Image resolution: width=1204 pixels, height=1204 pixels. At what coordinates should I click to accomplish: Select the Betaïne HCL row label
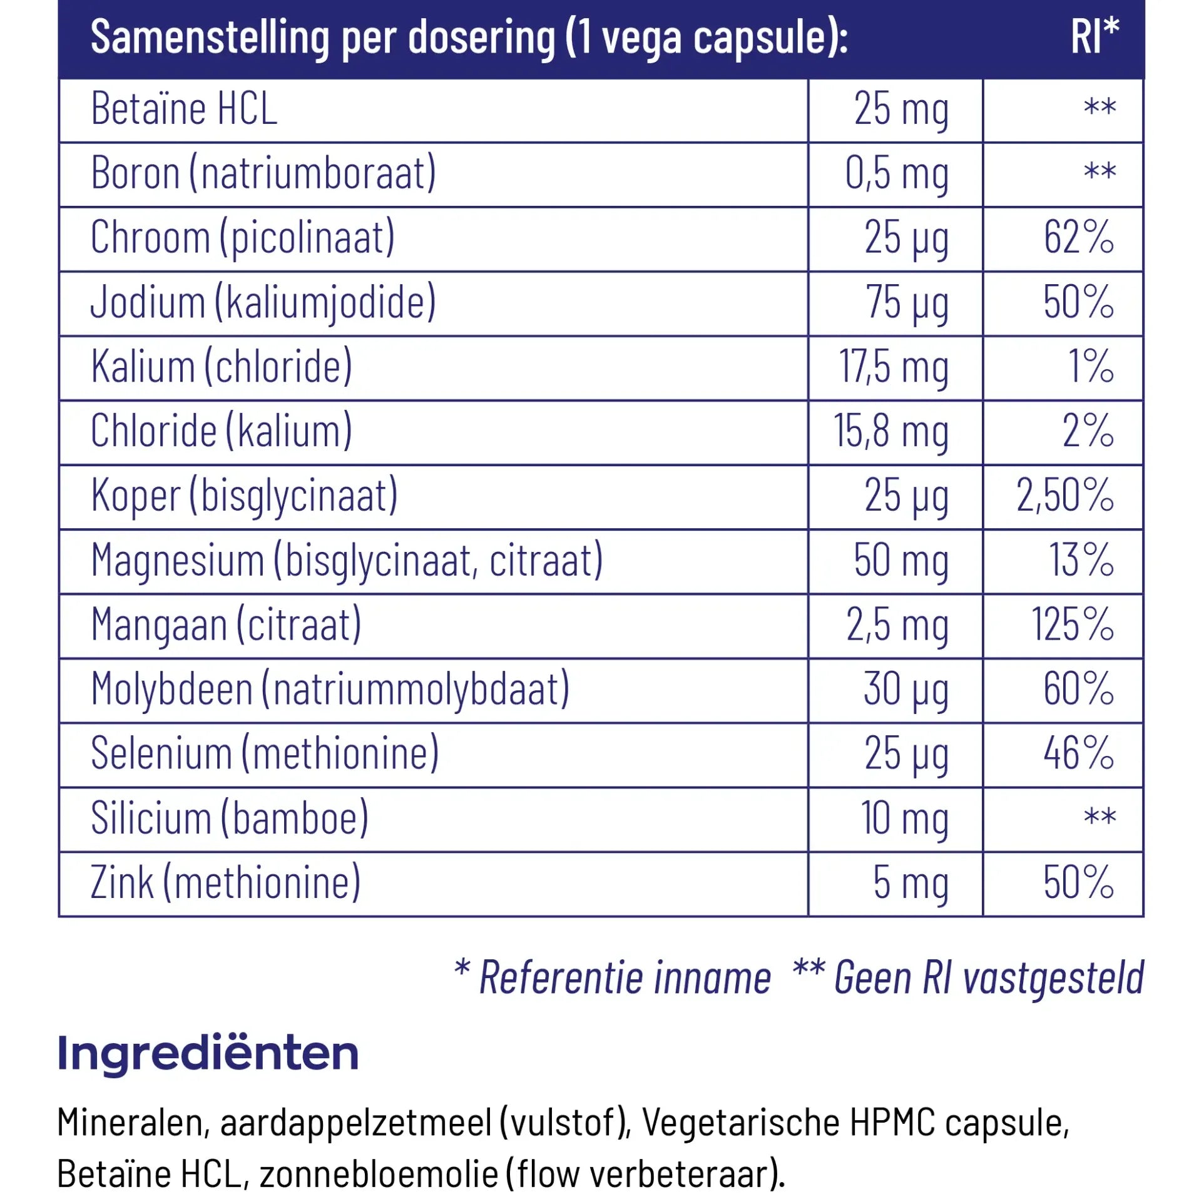(x=184, y=109)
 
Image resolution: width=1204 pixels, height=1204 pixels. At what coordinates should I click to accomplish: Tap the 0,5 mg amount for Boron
(x=897, y=173)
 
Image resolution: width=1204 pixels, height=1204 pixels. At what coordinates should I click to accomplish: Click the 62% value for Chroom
(x=1078, y=238)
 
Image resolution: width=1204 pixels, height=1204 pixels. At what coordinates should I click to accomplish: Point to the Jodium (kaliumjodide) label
(x=263, y=303)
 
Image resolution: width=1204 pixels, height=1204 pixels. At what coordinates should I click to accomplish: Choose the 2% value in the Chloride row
(x=1088, y=431)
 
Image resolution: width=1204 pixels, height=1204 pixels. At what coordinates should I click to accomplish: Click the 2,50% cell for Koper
(x=1064, y=496)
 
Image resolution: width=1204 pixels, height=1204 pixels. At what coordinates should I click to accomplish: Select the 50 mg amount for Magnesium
(x=900, y=560)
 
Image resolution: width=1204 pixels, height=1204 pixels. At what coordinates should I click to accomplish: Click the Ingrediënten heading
(x=208, y=1053)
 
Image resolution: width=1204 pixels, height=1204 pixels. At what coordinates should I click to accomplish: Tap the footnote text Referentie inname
(x=625, y=978)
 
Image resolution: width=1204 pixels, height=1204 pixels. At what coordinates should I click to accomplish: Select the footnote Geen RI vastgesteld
(x=989, y=978)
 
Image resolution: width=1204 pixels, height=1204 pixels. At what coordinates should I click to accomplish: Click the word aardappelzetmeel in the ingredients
(x=355, y=1122)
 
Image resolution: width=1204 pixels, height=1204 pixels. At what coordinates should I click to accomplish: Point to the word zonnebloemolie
(x=379, y=1173)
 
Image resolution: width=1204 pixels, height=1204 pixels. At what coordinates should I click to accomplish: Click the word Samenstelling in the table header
(x=210, y=38)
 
